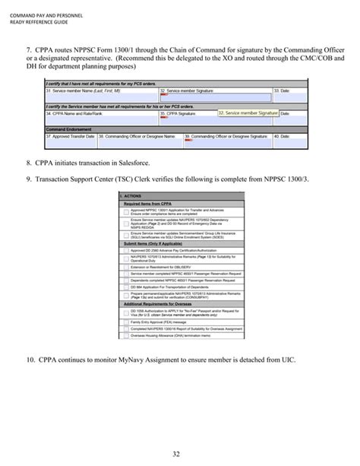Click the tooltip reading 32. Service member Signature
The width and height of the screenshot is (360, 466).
[x=248, y=113]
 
